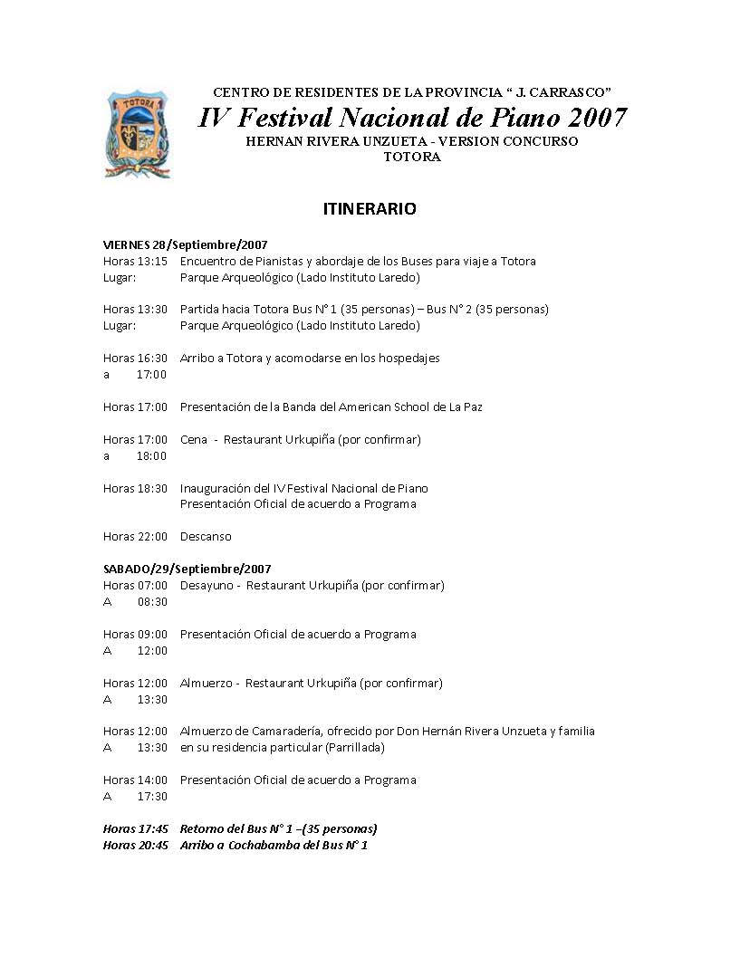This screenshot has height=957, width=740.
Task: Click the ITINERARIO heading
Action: coord(370,209)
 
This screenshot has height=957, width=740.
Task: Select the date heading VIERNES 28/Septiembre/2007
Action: coord(185,244)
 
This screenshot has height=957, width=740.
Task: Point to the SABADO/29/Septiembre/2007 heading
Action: coord(187,569)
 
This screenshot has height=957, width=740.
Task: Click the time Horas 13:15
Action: coord(135,261)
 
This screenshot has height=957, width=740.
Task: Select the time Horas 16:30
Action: coord(135,358)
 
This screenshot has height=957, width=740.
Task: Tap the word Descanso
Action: coord(206,536)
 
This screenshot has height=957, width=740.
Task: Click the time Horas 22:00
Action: coord(135,536)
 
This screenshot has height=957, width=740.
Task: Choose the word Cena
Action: coord(194,439)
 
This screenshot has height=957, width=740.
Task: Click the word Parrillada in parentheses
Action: coord(354,747)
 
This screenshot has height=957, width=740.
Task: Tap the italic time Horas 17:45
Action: coord(135,828)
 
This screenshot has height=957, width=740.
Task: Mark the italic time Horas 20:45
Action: coord(135,845)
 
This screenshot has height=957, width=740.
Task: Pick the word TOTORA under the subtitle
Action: coord(411,157)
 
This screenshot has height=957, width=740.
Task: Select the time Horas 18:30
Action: coord(135,488)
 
